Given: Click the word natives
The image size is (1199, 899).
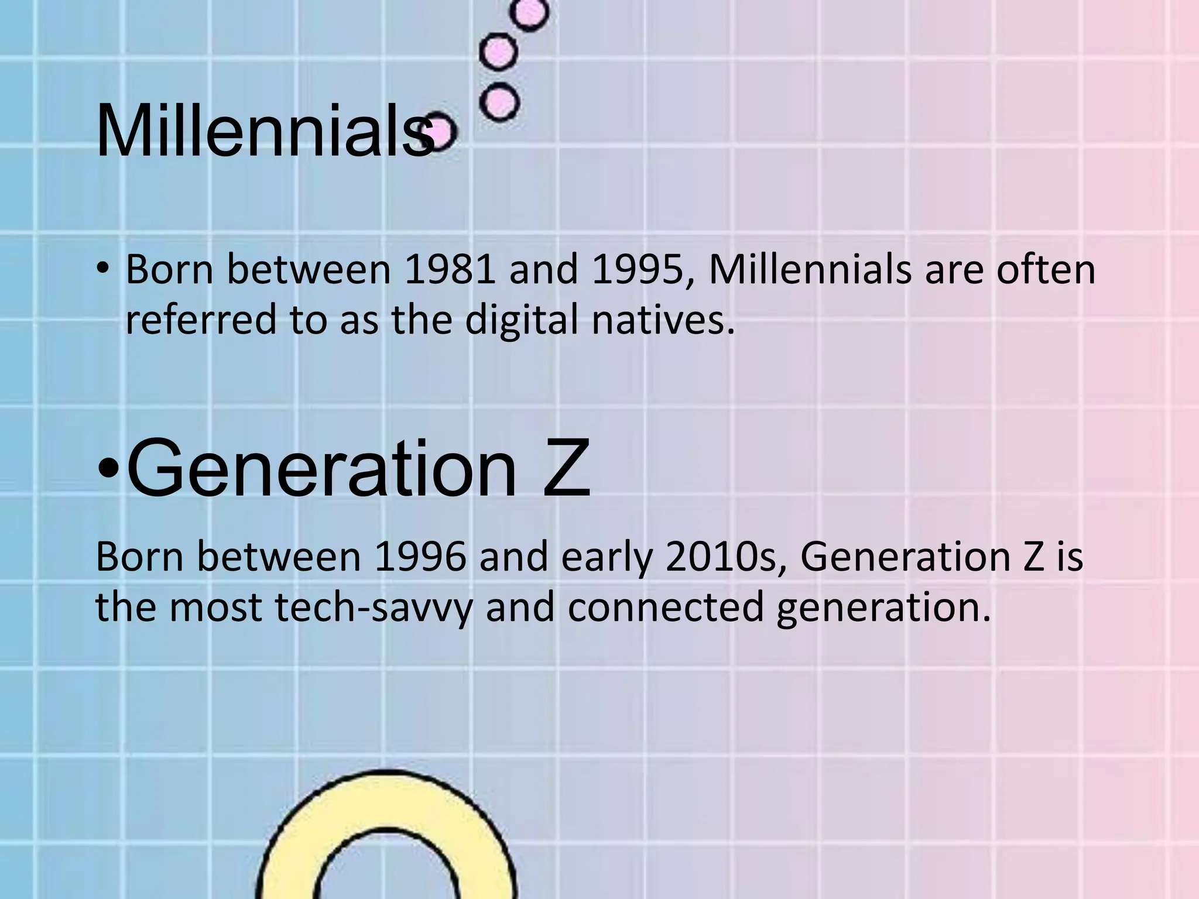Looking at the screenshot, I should pyautogui.click(x=663, y=320).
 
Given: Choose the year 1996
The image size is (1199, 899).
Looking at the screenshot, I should pyautogui.click(x=420, y=557).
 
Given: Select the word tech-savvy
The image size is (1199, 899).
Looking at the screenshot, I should pyautogui.click(x=374, y=607).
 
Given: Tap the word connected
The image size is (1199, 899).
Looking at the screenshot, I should pyautogui.click(x=666, y=607).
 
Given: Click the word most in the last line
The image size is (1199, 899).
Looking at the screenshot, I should pyautogui.click(x=215, y=607).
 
